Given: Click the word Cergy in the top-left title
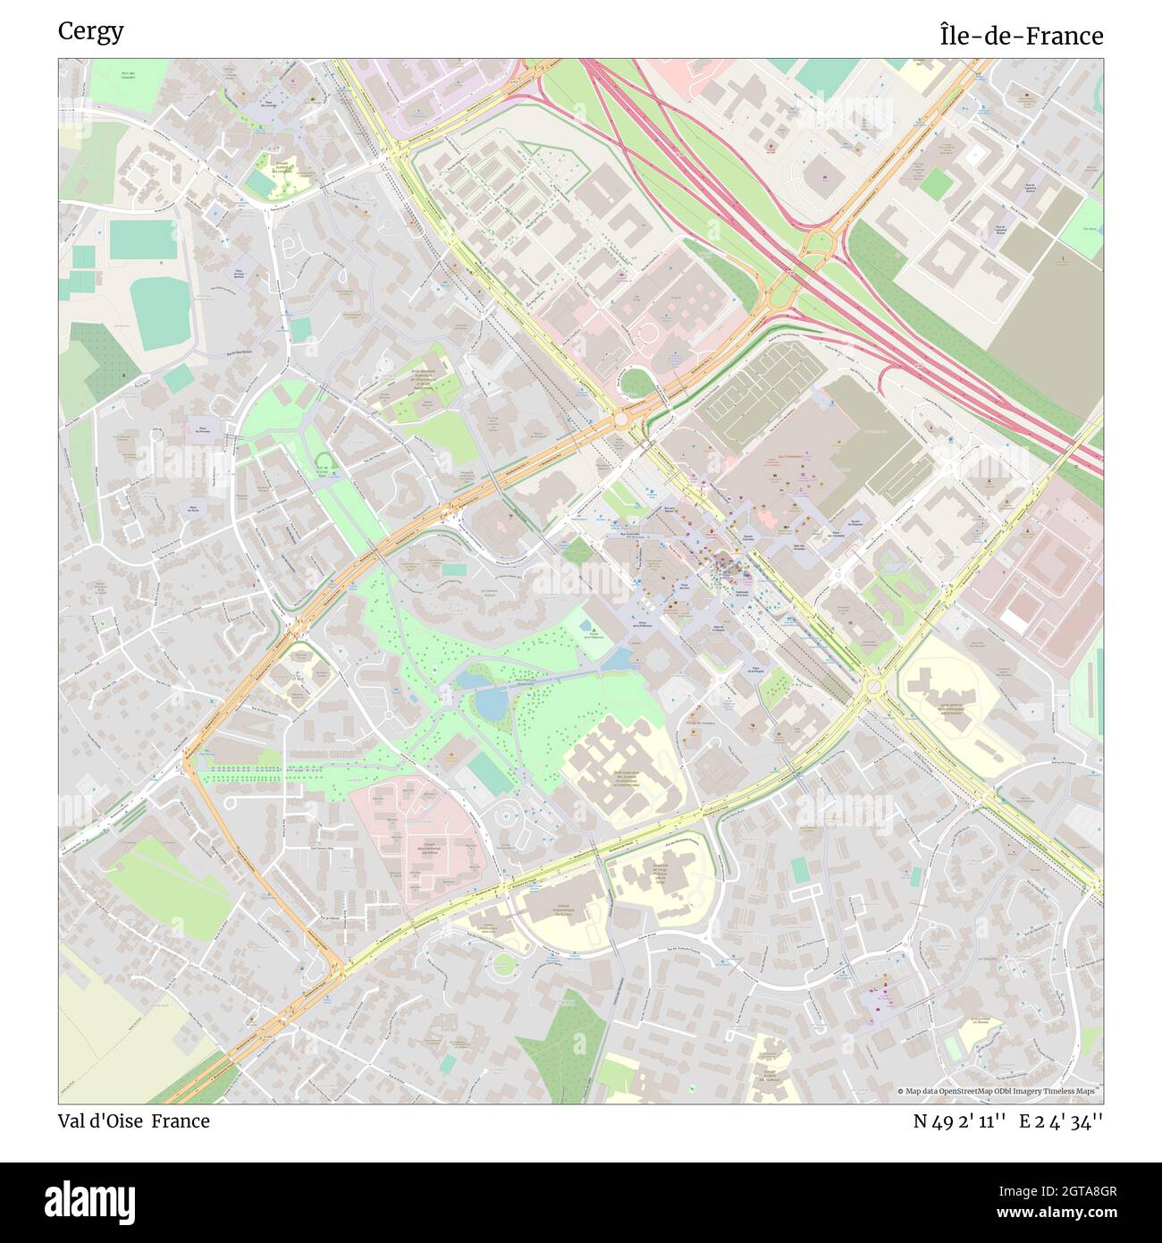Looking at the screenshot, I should click(x=90, y=31).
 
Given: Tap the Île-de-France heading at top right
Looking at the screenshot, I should click(x=1021, y=36).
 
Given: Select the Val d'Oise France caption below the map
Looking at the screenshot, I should click(x=134, y=1120).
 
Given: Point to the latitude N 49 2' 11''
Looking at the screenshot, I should click(x=961, y=1120).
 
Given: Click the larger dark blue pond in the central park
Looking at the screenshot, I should click(x=489, y=705).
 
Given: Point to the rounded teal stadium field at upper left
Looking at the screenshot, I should click(x=162, y=313).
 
